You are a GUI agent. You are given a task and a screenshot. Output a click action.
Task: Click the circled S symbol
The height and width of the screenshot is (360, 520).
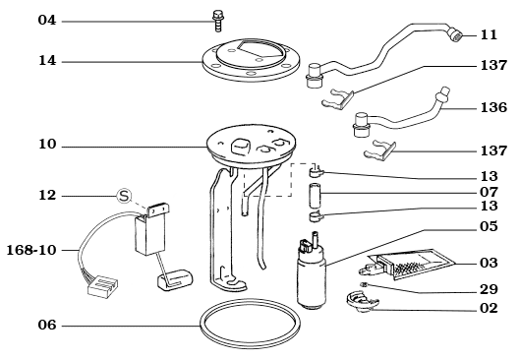coord(124,196)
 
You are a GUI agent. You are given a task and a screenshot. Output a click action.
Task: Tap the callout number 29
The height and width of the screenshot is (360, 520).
coord(489,291)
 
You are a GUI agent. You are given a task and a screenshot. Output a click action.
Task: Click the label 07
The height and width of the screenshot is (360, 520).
coord(489,193)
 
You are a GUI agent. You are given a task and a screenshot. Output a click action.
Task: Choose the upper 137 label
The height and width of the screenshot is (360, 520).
coord(493,66)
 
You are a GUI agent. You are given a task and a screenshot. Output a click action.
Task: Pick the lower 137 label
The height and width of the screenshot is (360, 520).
coord(493,151)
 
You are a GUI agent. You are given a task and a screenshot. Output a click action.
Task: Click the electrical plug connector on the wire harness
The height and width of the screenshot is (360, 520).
coord(100,287)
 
